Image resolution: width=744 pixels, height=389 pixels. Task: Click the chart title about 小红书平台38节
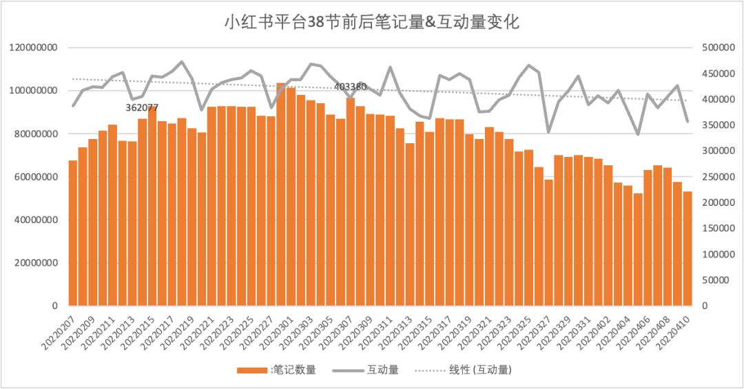click(x=372, y=22)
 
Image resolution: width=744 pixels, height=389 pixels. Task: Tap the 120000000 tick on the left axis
click(x=33, y=48)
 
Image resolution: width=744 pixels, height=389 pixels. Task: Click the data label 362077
click(x=142, y=108)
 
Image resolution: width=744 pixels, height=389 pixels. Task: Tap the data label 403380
click(x=350, y=87)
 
